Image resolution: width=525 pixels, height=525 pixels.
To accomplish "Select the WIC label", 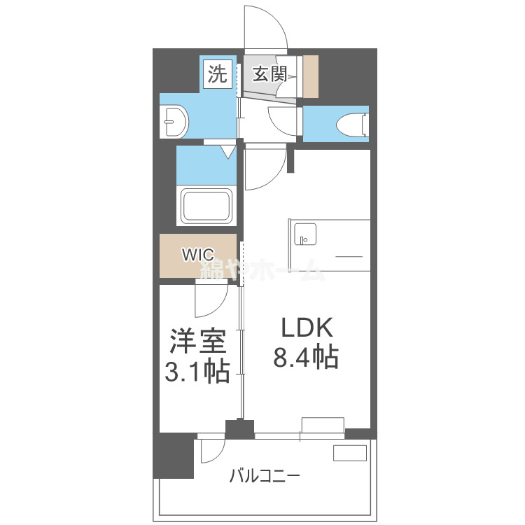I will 198,255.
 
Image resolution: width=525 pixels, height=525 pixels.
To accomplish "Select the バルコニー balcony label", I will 265,477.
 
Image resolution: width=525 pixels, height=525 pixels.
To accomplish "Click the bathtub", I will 206,206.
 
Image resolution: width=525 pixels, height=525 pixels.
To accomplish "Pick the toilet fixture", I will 352,125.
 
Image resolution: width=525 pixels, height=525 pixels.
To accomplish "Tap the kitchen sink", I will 305,234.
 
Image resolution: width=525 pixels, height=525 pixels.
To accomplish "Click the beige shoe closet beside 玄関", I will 310,76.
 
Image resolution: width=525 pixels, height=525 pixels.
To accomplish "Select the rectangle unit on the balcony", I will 349,453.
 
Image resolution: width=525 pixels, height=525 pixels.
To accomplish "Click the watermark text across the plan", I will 262,269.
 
